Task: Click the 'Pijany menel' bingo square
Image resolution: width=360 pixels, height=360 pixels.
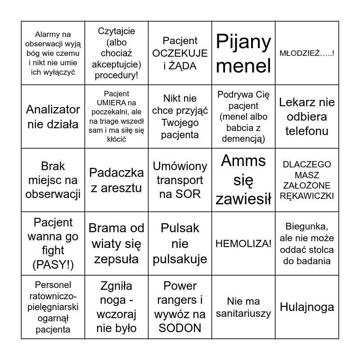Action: (243, 54)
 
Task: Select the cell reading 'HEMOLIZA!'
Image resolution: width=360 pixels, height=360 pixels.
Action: (243, 243)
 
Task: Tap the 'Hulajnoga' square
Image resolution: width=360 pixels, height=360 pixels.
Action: (307, 307)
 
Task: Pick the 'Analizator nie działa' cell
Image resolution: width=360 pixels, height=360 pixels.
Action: (53, 117)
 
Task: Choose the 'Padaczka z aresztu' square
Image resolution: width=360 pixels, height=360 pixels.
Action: (117, 180)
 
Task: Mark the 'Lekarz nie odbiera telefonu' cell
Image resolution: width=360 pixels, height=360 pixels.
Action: (307, 117)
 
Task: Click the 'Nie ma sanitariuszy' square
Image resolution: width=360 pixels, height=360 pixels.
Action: (243, 307)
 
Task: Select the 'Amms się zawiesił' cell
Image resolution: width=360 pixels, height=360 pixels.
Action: (243, 180)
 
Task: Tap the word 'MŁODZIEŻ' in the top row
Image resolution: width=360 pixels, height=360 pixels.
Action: (300, 54)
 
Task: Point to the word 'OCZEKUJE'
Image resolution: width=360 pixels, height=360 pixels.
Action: (180, 54)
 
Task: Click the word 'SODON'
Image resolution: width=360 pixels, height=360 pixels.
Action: (180, 328)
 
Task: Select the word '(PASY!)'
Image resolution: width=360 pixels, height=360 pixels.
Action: (53, 265)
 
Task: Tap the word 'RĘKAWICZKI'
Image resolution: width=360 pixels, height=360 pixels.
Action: (307, 196)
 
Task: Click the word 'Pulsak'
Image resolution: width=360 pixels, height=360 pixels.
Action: (180, 228)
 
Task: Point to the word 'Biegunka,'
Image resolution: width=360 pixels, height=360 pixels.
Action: (307, 226)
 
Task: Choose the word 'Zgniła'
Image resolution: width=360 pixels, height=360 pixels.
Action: (117, 286)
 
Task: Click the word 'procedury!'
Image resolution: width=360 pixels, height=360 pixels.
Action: (117, 75)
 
